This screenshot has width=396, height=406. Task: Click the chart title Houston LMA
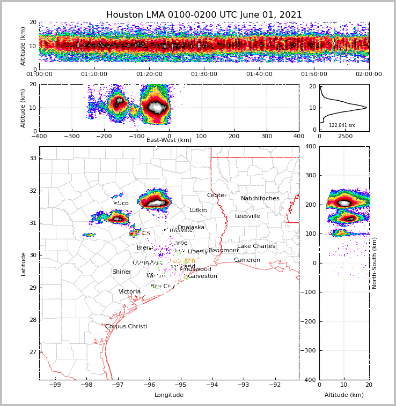click(x=204, y=15)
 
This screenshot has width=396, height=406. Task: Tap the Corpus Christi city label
click(x=126, y=326)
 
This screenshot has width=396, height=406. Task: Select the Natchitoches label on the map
click(x=260, y=198)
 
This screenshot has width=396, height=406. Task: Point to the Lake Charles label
click(x=256, y=246)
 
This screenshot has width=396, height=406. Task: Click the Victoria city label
click(x=130, y=292)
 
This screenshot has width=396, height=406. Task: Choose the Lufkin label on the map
click(x=198, y=210)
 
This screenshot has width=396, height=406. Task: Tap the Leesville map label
click(x=247, y=216)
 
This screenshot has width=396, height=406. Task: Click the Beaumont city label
click(x=224, y=251)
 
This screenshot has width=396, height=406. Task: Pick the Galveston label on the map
click(x=202, y=276)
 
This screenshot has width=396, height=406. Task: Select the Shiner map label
click(x=122, y=272)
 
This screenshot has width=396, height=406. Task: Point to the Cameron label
click(x=247, y=260)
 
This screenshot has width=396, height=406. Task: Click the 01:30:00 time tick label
click(x=204, y=74)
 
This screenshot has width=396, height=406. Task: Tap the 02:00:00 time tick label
click(x=369, y=74)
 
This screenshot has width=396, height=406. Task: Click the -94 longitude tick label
click(x=211, y=385)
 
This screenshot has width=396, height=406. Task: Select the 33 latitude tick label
click(x=32, y=158)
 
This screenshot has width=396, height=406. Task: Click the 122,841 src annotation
click(x=342, y=125)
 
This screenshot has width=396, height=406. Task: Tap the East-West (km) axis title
click(x=169, y=140)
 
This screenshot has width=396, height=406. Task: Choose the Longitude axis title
click(x=169, y=395)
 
